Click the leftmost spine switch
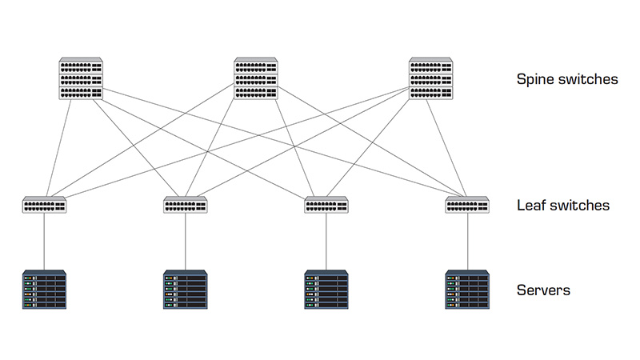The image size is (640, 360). click(81, 78)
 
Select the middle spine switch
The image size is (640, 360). click(256, 78)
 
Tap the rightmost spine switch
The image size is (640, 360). click(431, 78)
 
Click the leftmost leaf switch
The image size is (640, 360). click(45, 205)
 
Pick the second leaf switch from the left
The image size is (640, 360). click(186, 205)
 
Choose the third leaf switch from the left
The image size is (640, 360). click(326, 205)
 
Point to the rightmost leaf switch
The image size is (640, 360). click(467, 205)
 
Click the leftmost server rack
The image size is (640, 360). click(45, 290)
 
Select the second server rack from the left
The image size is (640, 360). click(186, 290)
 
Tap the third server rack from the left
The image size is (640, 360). click(326, 290)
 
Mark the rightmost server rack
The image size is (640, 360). click(467, 290)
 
